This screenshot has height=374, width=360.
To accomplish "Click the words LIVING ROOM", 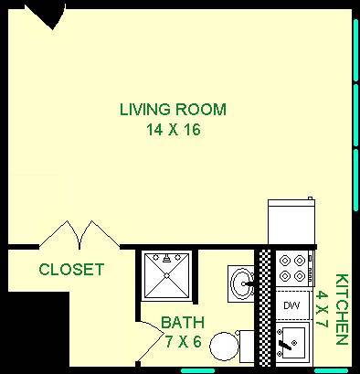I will click(173, 110).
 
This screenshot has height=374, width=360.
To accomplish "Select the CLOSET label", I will click(70, 271).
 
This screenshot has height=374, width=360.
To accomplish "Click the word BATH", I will click(181, 323).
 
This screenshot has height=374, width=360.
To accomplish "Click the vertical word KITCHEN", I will click(342, 308).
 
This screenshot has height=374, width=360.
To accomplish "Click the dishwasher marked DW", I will click(291, 305).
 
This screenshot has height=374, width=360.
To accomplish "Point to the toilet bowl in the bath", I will click(223, 347).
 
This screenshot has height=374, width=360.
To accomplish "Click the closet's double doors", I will click(80, 234).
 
